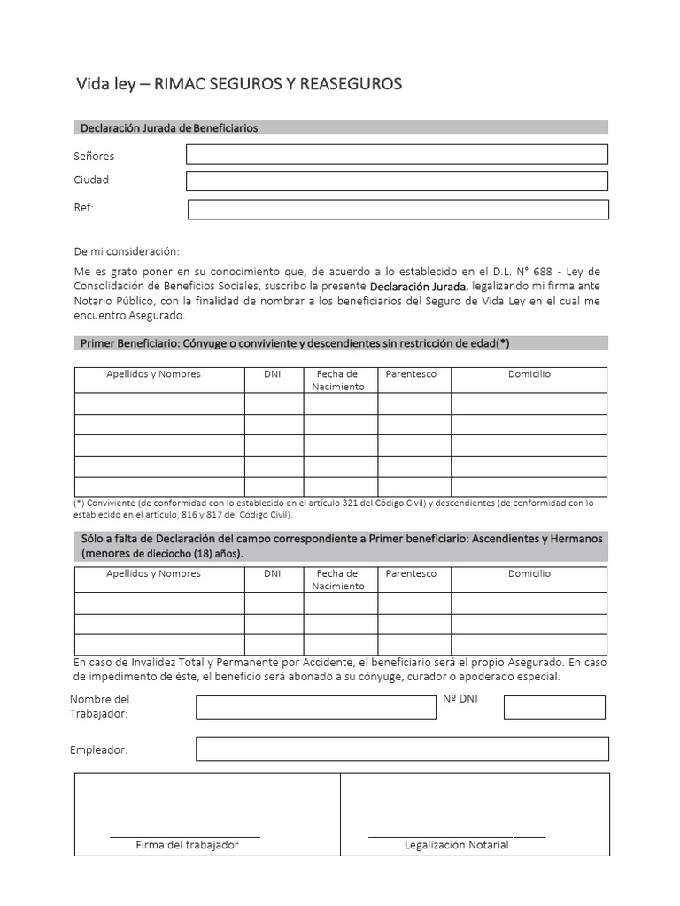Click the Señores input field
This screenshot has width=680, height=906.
(x=397, y=154)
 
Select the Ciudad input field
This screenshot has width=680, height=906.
(x=397, y=181)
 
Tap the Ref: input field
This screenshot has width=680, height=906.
(x=398, y=210)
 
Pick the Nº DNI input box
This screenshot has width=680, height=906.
(x=554, y=708)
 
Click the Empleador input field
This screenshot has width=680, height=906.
(x=402, y=749)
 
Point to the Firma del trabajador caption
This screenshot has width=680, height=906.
(x=187, y=845)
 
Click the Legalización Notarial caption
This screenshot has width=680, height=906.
(x=456, y=845)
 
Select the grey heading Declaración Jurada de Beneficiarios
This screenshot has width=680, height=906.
(x=169, y=128)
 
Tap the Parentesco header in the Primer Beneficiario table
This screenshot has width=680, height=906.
(x=411, y=374)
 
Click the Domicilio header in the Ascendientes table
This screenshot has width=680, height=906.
(x=529, y=573)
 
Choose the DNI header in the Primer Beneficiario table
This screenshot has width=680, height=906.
(x=273, y=374)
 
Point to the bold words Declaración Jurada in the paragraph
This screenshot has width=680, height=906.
(x=418, y=288)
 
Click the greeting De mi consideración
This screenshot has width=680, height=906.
(x=127, y=251)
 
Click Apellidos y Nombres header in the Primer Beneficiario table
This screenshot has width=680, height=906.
(x=153, y=374)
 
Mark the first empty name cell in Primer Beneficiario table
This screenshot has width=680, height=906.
(x=159, y=403)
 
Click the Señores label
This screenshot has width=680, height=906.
(x=94, y=157)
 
